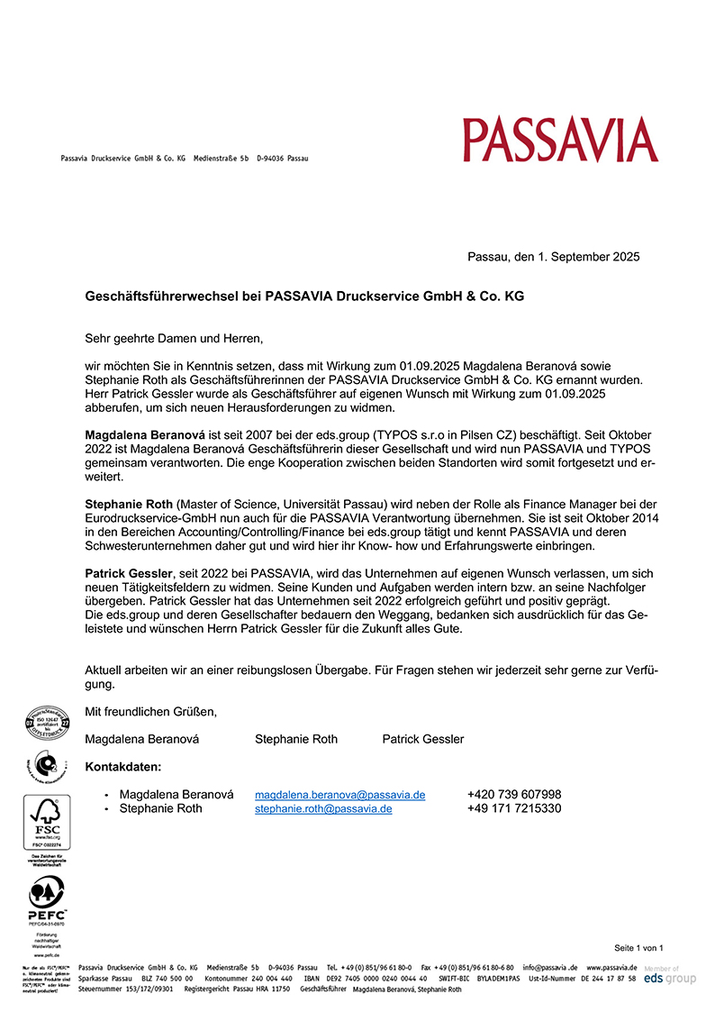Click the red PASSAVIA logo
click(x=560, y=140)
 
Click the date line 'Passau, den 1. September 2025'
click(x=554, y=257)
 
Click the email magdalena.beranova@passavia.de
click(x=339, y=795)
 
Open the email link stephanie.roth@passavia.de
click(x=323, y=809)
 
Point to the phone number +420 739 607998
click(x=514, y=795)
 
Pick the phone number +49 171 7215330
click(x=514, y=809)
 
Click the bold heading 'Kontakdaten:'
click(x=123, y=767)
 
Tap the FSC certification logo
click(x=45, y=823)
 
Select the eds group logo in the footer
click(x=670, y=978)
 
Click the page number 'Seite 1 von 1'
click(x=638, y=948)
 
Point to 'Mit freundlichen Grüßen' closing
click(x=151, y=712)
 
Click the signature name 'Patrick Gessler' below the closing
click(x=423, y=740)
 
